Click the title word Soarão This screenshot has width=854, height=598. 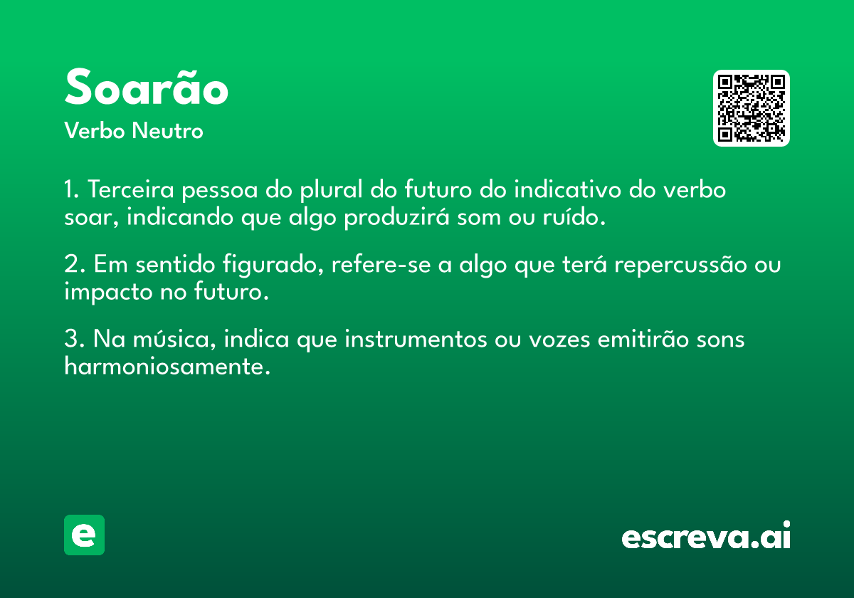tap(147, 87)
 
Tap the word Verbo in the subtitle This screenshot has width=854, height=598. tap(95, 130)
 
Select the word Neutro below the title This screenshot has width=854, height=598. tap(167, 130)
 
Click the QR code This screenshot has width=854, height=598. tap(751, 108)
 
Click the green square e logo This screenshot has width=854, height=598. tap(84, 535)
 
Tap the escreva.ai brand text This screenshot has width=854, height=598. tap(706, 535)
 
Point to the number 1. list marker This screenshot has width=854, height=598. tap(71, 189)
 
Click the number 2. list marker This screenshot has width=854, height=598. tap(74, 264)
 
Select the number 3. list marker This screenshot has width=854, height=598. tap(74, 339)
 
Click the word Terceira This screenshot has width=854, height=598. tap(131, 189)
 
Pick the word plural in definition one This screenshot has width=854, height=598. tap(331, 190)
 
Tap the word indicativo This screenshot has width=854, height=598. tap(567, 189)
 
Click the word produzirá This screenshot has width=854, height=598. tap(397, 217)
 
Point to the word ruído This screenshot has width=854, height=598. tap(574, 216)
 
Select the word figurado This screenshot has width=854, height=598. tap(273, 265)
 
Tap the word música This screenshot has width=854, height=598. tap(174, 339)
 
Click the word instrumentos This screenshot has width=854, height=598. tap(416, 339)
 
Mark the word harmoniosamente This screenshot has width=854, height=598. tap(167, 366)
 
